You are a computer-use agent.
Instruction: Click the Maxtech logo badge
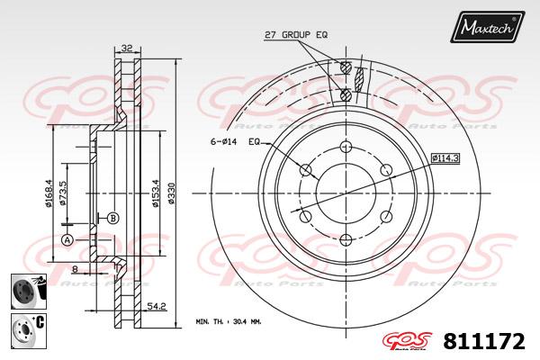pyautogui.click(x=487, y=27)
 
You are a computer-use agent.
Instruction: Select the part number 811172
pyautogui.click(x=484, y=341)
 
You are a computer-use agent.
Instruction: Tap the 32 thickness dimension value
pyautogui.click(x=127, y=48)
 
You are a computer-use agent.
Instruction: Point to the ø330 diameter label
pyautogui.click(x=171, y=193)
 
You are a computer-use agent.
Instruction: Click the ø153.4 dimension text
pyautogui.click(x=156, y=193)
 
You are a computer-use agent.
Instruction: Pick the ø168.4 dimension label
pyautogui.click(x=49, y=193)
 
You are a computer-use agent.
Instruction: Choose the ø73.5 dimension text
pyautogui.click(x=63, y=193)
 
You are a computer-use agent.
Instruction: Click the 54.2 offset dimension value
pyautogui.click(x=157, y=306)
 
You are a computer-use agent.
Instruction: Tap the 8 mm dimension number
pyautogui.click(x=75, y=269)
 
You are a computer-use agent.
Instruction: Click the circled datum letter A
pyautogui.click(x=67, y=239)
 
